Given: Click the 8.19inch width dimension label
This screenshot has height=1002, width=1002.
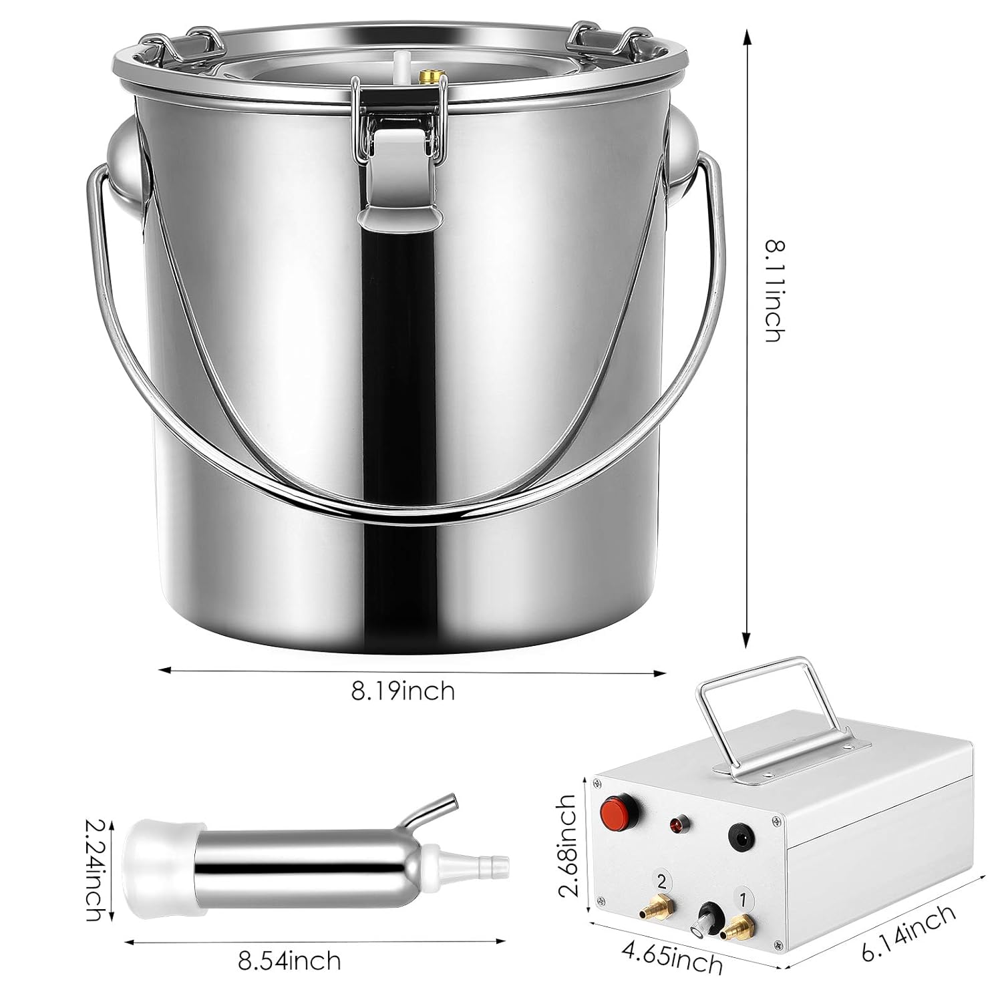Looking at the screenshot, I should (x=403, y=690).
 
